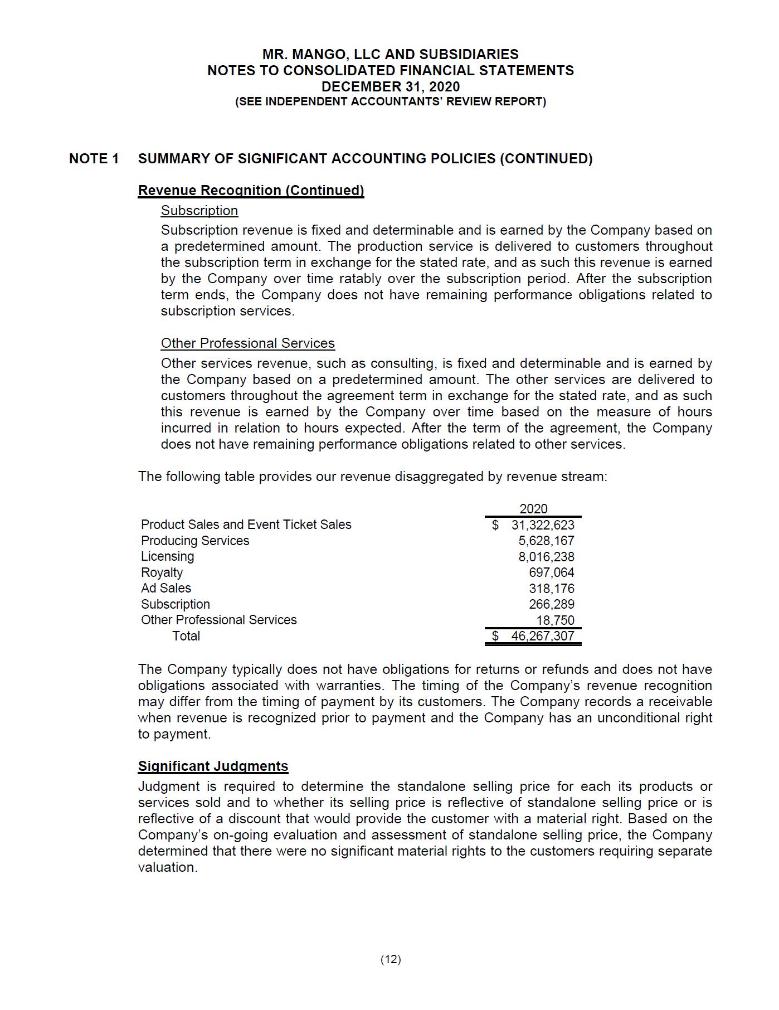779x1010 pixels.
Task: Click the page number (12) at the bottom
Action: click(x=391, y=959)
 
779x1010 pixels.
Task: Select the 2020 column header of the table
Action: click(x=533, y=508)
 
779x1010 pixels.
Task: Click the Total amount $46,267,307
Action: click(x=542, y=636)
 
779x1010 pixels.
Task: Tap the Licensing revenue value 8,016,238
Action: click(x=546, y=556)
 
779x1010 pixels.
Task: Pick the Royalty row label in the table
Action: click(x=162, y=572)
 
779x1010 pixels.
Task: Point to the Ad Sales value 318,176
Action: click(x=551, y=589)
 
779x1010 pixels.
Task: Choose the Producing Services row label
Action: click(x=195, y=541)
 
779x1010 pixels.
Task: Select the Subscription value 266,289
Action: click(x=551, y=604)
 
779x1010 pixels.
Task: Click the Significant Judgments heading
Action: click(x=213, y=766)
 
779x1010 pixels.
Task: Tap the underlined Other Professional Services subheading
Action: click(x=247, y=343)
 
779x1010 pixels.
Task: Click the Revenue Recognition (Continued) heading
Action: click(x=251, y=191)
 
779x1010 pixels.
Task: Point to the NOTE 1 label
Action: click(x=94, y=159)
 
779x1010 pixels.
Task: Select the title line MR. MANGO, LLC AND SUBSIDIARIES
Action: click(x=390, y=54)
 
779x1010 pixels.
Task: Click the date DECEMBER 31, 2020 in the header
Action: click(x=390, y=86)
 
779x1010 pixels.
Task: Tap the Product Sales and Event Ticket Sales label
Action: click(x=246, y=525)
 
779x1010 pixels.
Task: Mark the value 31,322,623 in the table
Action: click(x=542, y=525)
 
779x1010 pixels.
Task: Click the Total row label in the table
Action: click(x=186, y=636)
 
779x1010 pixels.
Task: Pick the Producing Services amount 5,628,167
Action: click(x=546, y=541)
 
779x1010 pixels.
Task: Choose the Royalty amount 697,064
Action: click(x=551, y=572)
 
